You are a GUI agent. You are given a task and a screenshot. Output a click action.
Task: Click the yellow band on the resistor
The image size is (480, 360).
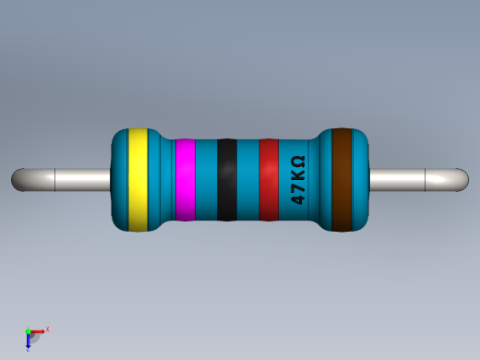point(138,180)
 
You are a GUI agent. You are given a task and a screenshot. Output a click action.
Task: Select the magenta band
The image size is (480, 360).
point(185,180)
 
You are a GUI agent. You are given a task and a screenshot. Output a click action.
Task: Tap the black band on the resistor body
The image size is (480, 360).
point(226,180)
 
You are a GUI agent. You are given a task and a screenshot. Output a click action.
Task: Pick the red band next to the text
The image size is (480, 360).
point(269,180)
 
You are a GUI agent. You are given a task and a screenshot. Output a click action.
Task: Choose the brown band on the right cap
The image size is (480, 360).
point(342,180)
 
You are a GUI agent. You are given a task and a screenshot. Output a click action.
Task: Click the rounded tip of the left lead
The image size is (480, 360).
point(17,179)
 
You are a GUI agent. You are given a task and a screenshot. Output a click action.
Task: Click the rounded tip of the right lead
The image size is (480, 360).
point(462,179)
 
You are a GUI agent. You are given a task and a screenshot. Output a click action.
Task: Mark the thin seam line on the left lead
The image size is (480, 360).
point(56,179)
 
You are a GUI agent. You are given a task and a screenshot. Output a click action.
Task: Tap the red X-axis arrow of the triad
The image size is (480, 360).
point(39,330)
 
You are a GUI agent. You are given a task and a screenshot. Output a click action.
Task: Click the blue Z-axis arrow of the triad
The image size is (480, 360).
point(29,342)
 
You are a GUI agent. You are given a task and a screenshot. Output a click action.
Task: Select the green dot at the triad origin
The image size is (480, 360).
point(28,331)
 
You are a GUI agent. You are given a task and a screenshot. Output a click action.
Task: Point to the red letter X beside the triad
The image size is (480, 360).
point(47,329)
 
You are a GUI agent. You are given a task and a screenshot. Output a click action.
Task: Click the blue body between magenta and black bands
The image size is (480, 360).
point(206,180)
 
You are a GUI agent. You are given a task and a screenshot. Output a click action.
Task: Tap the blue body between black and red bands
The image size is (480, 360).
point(247,180)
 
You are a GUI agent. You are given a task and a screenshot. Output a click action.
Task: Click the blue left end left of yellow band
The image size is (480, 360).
point(119,180)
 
